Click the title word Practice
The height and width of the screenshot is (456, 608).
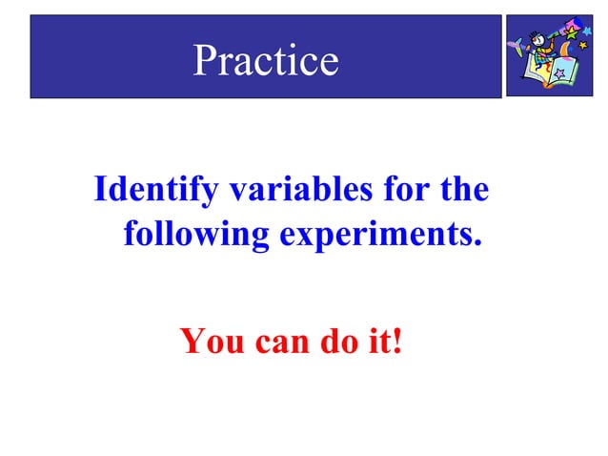(266, 61)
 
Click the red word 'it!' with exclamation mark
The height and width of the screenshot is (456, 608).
(385, 340)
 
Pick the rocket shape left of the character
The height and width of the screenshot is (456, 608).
(517, 45)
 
